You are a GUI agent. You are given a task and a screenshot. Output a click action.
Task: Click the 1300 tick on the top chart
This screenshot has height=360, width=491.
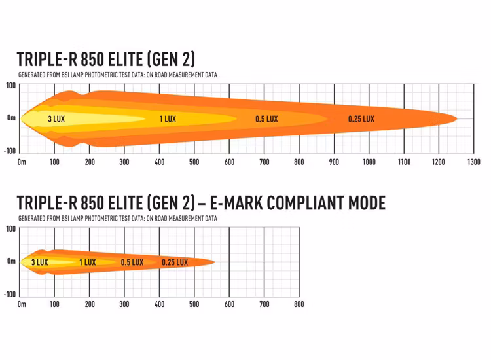pos(473,162)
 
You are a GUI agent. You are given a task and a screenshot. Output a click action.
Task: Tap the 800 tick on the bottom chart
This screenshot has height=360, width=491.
pos(299,304)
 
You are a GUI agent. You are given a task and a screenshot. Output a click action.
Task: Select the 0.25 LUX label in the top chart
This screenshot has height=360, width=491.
pos(361,119)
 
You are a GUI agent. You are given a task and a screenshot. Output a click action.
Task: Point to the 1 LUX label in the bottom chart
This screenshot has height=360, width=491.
pos(87,262)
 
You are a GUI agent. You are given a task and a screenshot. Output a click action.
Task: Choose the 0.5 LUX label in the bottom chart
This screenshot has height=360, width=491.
pos(132,262)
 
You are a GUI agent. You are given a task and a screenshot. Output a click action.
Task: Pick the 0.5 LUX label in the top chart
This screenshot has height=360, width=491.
pos(266,119)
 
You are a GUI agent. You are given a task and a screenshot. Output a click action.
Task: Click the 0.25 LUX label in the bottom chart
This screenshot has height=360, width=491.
pos(175,262)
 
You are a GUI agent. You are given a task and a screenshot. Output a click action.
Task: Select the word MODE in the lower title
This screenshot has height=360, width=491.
pos(366,204)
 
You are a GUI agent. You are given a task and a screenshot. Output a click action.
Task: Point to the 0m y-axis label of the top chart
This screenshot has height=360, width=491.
pos(11,118)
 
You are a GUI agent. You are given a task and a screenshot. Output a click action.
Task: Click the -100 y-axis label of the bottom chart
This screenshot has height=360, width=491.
pos(9,293)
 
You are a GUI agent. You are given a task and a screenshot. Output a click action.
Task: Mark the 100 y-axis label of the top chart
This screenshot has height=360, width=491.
pos(11,86)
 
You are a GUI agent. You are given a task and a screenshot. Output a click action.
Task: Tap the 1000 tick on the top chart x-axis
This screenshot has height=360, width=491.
pos(369,162)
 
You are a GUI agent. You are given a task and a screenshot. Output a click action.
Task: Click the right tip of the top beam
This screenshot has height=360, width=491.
pos(456,118)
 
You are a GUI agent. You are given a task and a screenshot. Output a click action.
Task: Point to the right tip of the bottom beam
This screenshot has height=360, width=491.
pos(214,262)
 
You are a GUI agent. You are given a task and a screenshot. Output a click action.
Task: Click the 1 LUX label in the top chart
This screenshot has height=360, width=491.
pos(168,119)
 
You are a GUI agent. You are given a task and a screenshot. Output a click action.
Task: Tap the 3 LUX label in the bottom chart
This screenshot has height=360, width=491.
pos(40,262)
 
